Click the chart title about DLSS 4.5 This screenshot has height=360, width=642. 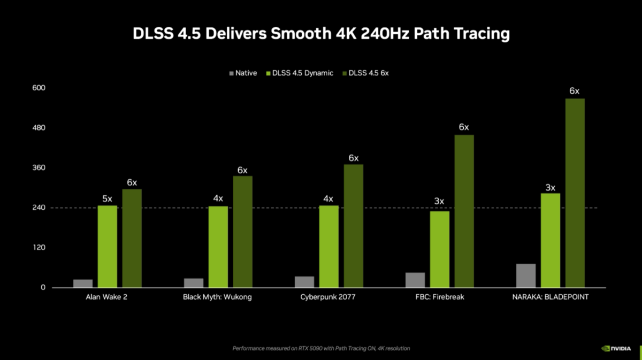321,34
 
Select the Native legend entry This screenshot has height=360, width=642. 243,73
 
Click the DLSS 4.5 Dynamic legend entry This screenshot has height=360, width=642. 299,73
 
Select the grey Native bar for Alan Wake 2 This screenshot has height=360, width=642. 83,284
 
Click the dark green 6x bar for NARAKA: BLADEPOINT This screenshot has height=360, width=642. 575,193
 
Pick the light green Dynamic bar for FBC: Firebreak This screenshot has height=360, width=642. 440,249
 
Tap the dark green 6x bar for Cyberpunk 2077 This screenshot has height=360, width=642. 354,226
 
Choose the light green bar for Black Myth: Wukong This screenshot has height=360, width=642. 218,247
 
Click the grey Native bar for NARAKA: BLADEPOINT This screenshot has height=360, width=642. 526,275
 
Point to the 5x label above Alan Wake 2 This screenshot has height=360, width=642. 108,198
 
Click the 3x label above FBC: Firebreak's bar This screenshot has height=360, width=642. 439,201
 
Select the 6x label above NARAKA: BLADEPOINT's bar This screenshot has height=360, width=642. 575,91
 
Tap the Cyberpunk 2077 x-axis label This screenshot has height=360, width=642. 328,297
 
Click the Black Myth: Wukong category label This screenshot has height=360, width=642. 217,297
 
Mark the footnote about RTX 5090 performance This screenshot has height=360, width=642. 321,348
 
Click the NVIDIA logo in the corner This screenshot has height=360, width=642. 616,348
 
